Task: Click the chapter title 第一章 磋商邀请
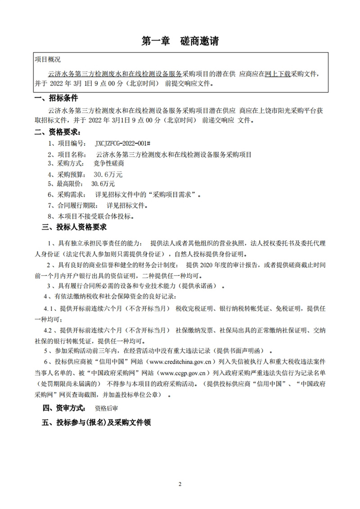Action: click(x=180, y=41)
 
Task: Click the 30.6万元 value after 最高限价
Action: click(x=103, y=184)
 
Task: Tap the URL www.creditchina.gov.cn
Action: click(x=178, y=361)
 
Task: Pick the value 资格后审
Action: click(x=106, y=409)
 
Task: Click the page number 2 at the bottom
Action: click(x=180, y=484)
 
